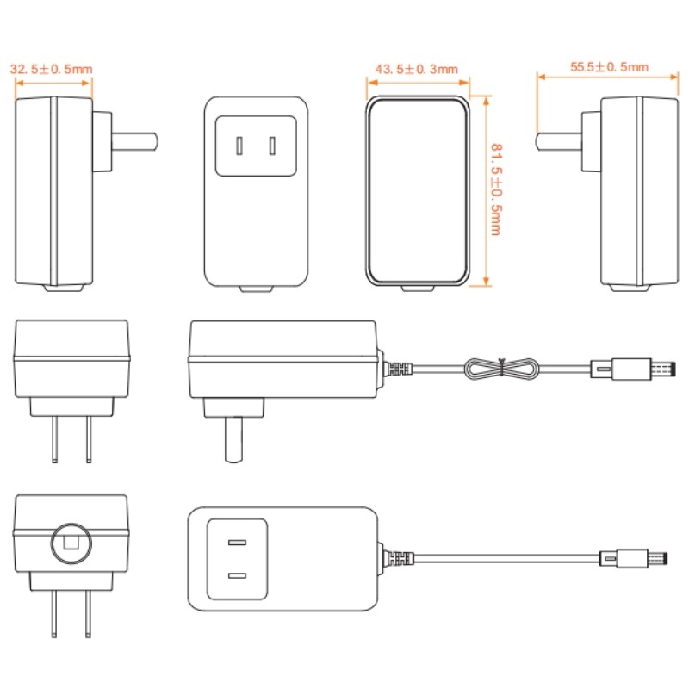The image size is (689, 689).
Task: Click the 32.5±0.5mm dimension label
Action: [52, 69]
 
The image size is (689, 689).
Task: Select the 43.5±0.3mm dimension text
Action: [417, 69]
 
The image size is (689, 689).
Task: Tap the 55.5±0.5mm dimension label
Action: [609, 67]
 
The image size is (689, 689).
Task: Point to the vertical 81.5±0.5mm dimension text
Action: [496, 189]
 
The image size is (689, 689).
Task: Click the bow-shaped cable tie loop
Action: [502, 369]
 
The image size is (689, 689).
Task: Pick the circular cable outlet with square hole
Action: [71, 543]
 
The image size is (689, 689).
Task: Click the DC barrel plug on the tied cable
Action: [633, 369]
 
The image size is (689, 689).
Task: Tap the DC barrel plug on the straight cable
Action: [634, 558]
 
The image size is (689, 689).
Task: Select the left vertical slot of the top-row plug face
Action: [239, 146]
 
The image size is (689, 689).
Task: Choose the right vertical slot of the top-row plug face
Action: [273, 146]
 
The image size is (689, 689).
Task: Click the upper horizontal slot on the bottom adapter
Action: [237, 543]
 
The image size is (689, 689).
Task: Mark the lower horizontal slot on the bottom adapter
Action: [237, 575]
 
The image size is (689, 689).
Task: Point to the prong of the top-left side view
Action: [135, 142]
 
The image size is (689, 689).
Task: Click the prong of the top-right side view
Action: [558, 142]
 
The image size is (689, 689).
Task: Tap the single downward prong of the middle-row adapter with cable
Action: [233, 439]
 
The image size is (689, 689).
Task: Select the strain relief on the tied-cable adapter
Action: [397, 369]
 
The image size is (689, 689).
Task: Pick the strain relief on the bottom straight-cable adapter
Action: [397, 558]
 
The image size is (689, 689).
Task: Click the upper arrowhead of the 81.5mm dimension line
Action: [486, 101]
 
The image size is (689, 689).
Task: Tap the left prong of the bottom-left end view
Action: [54, 613]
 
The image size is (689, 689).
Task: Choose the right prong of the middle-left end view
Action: [89, 439]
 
